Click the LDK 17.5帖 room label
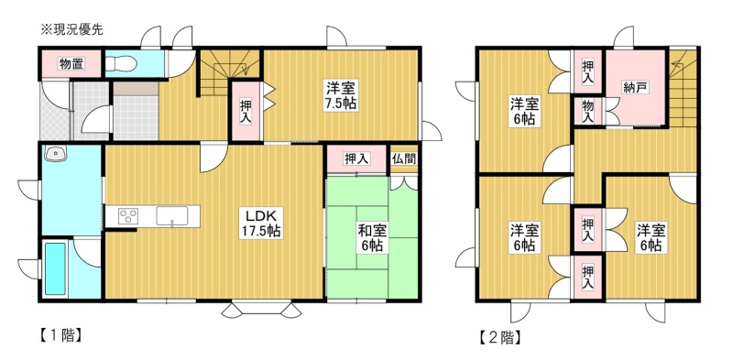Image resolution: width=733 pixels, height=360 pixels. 260,223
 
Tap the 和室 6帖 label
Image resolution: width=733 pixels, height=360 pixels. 372,237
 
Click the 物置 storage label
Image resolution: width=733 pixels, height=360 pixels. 71,64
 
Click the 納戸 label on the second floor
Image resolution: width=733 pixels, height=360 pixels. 635,87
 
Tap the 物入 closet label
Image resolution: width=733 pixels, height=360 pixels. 588,112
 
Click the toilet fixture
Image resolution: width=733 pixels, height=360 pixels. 121,63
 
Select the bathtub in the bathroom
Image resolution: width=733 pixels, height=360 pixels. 55,268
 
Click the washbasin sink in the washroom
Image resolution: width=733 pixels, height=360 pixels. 55,152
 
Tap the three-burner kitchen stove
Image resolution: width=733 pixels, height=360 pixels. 128,216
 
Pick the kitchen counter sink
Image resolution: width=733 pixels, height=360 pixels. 172,216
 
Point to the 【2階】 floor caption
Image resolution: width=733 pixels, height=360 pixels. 499,337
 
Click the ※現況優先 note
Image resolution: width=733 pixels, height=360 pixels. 72,30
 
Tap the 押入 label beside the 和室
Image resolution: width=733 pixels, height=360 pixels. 356,159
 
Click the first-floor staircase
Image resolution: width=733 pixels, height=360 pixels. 230,71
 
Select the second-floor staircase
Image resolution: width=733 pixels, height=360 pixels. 683,87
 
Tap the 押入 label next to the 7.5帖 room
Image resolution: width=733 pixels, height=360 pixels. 246,110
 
